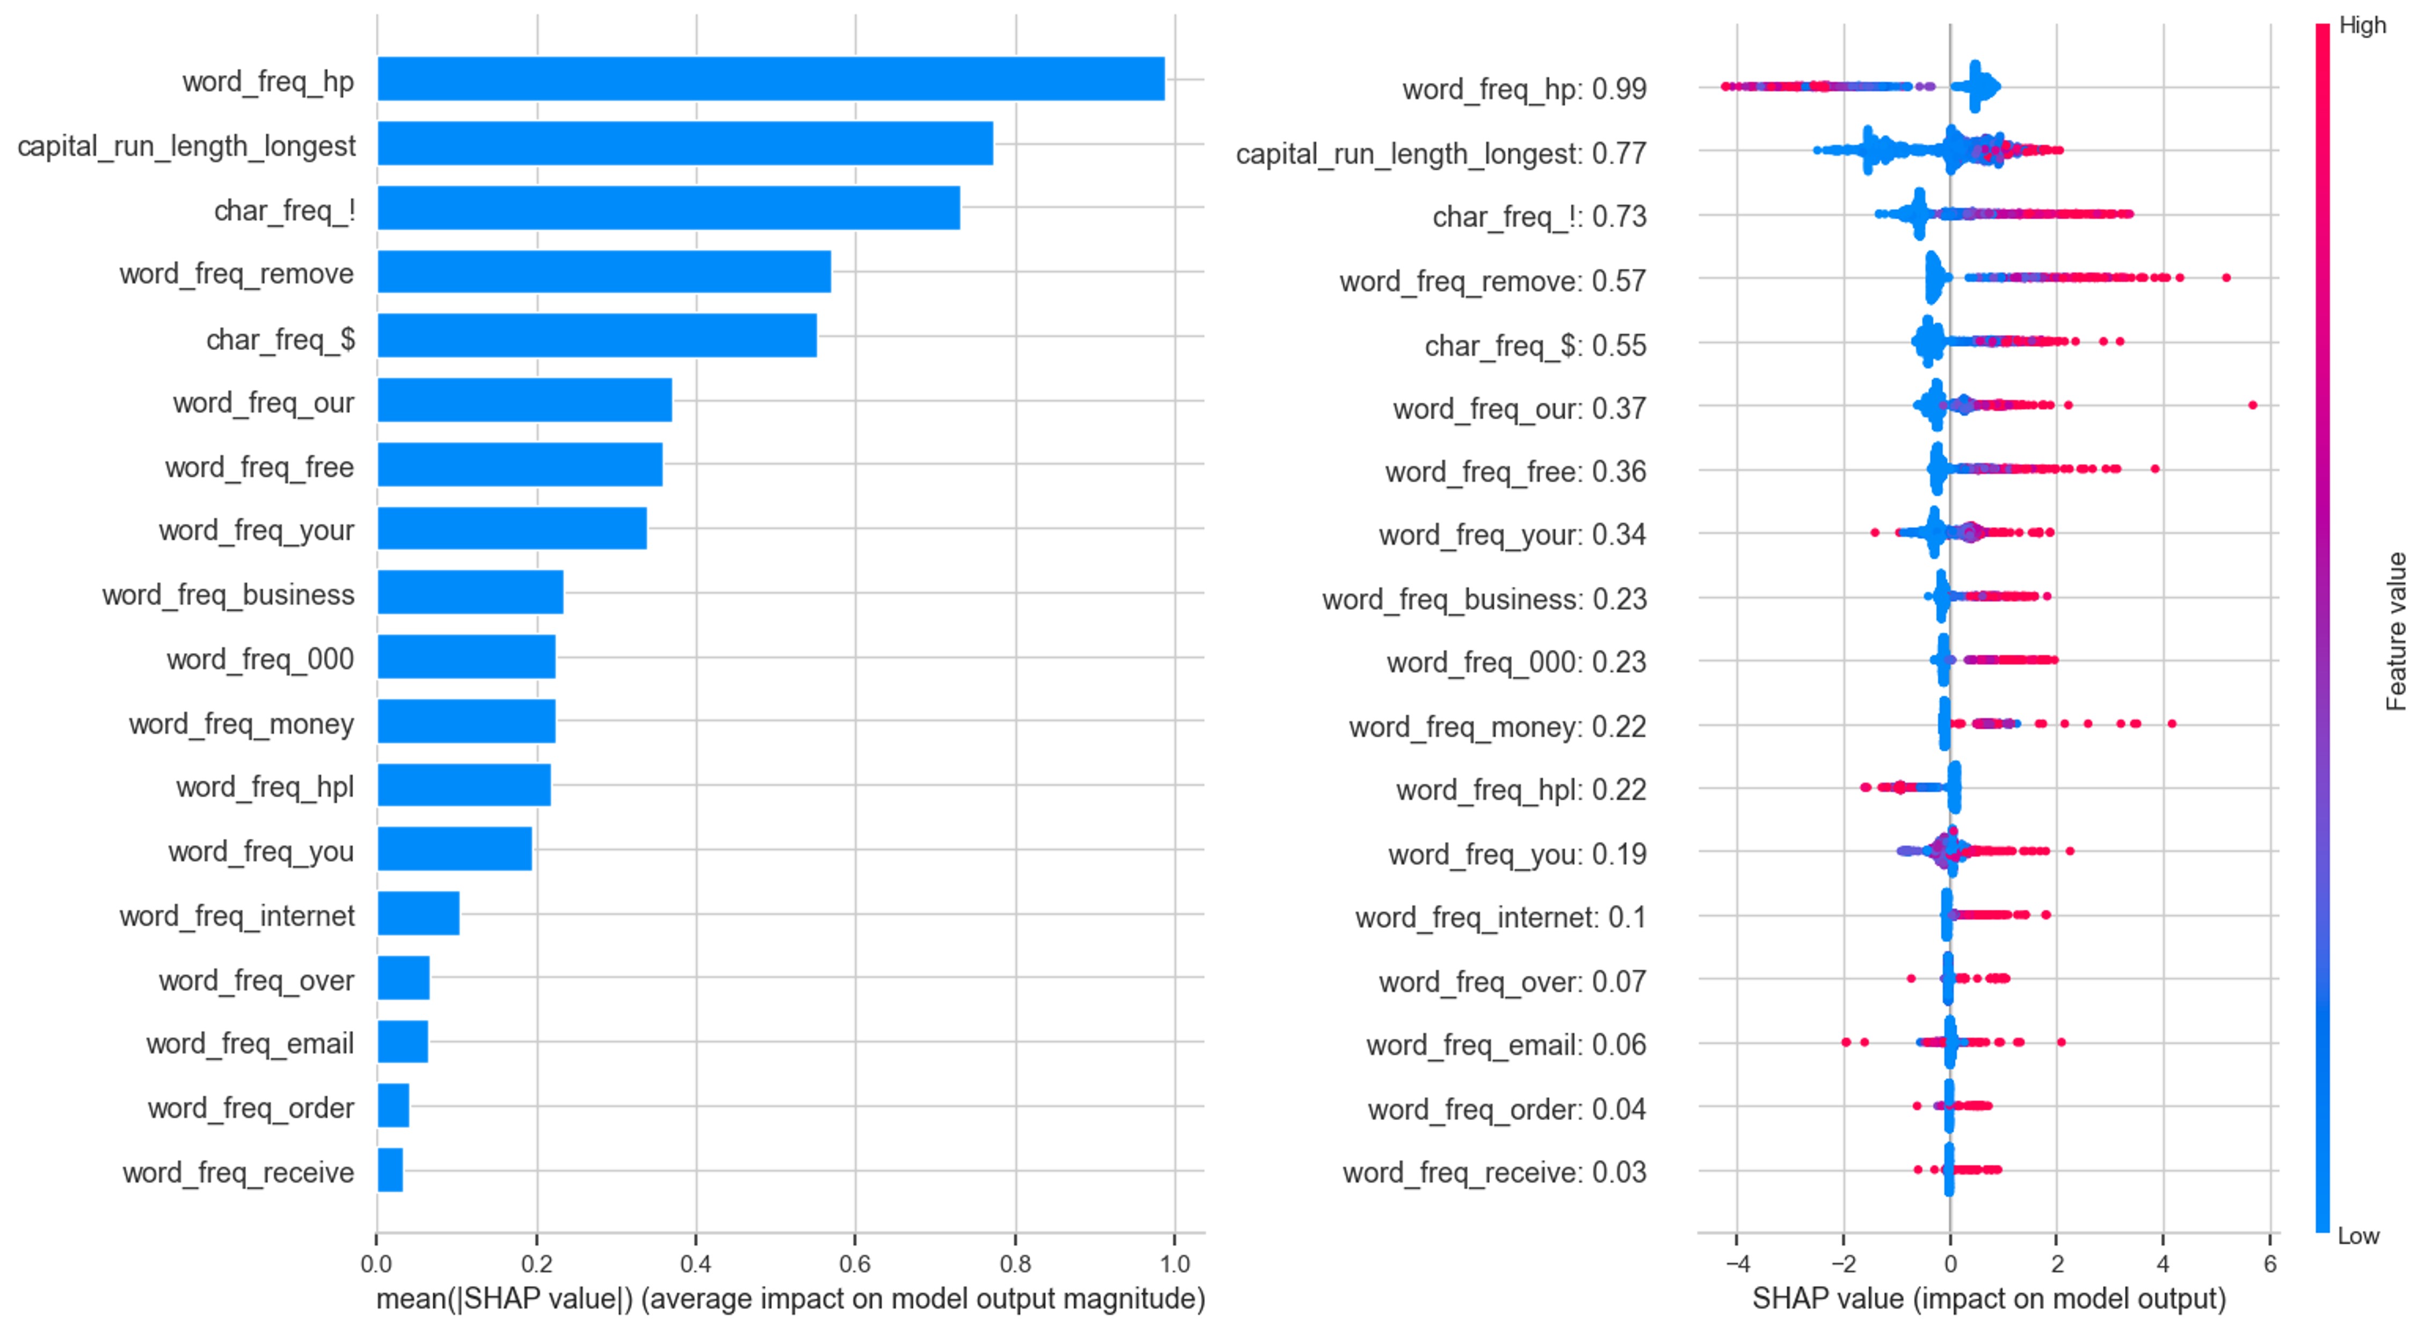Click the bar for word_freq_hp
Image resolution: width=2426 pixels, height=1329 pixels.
[770, 79]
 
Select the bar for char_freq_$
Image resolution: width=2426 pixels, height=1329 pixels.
[597, 336]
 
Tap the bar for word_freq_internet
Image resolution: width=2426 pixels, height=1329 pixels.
[418, 913]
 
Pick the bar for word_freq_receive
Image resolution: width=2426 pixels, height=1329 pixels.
[390, 1170]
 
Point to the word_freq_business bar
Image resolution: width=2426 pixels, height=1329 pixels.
[470, 592]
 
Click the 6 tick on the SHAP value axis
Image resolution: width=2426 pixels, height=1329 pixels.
[2270, 1263]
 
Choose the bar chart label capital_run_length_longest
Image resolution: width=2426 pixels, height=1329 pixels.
[186, 146]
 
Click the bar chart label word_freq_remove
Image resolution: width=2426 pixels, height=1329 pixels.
[236, 274]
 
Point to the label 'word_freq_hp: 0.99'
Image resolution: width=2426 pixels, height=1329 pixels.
[1524, 90]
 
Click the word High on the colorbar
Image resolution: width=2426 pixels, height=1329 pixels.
[2362, 25]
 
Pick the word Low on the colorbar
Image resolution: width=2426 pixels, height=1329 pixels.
[2358, 1236]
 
